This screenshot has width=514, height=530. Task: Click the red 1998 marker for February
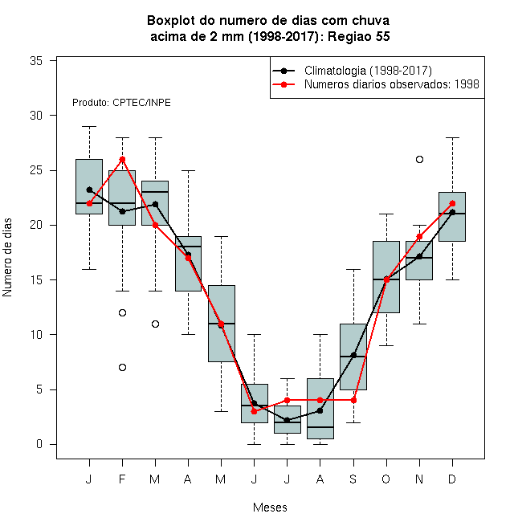click(122, 159)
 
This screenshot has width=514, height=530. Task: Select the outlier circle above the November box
click(419, 159)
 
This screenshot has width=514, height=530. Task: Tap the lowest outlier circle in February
click(122, 367)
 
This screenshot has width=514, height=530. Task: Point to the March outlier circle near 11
click(155, 324)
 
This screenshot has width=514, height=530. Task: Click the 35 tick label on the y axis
click(36, 61)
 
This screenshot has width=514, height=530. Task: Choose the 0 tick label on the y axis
click(39, 444)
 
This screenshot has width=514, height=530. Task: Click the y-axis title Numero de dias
click(7, 258)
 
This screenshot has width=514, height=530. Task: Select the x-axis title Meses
click(270, 508)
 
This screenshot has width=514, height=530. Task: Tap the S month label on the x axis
click(353, 479)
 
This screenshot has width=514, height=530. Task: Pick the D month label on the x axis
click(452, 479)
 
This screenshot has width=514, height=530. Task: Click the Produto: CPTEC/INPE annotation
click(121, 103)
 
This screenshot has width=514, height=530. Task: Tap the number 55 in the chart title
click(382, 36)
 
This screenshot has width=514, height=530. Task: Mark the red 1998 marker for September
click(353, 400)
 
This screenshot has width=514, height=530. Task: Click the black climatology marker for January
click(89, 190)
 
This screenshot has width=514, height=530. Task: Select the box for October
click(386, 277)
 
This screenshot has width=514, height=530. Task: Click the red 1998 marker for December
click(452, 203)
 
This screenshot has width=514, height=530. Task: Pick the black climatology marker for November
click(419, 256)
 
